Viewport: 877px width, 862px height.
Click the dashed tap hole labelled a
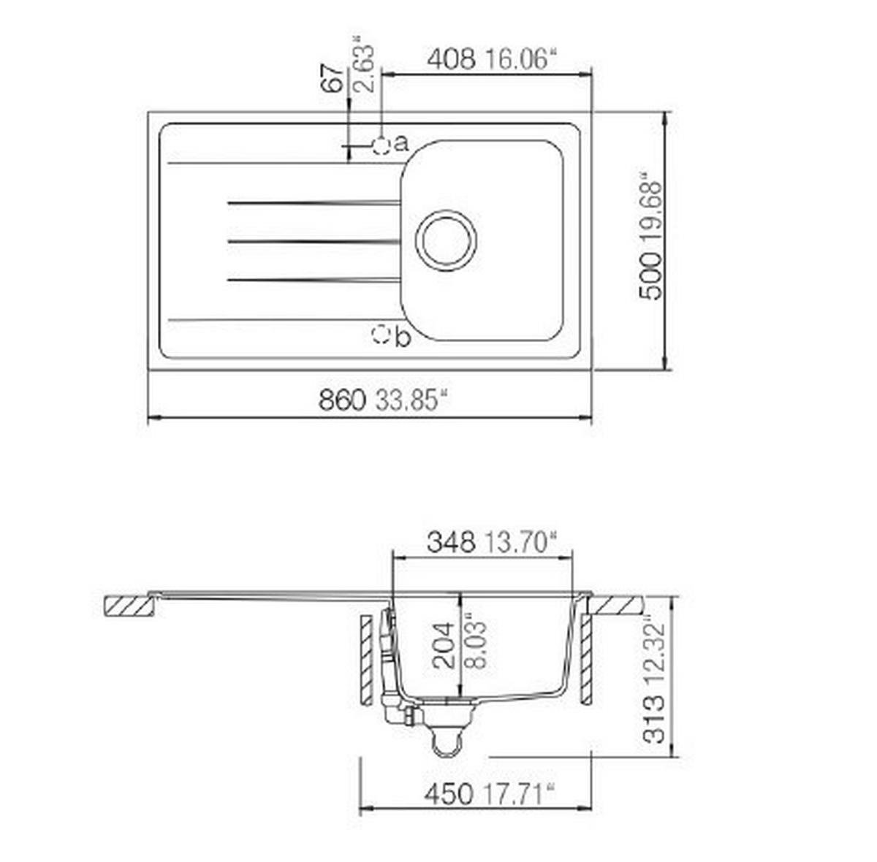point(381,145)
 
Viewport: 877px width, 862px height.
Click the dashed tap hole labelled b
point(381,335)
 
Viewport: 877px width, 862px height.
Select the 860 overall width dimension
point(341,400)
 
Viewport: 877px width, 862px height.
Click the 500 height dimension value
point(650,276)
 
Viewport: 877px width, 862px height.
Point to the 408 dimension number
point(451,59)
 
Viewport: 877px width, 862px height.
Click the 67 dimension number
point(333,77)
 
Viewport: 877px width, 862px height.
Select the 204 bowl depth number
point(443,646)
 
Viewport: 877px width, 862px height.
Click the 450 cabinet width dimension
point(448,794)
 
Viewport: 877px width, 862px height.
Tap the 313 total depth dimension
point(654,720)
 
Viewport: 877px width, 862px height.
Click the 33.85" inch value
point(411,400)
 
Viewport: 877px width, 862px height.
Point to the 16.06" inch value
point(521,59)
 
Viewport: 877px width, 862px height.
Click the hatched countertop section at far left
point(129,606)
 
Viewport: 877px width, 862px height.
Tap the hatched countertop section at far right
point(616,605)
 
